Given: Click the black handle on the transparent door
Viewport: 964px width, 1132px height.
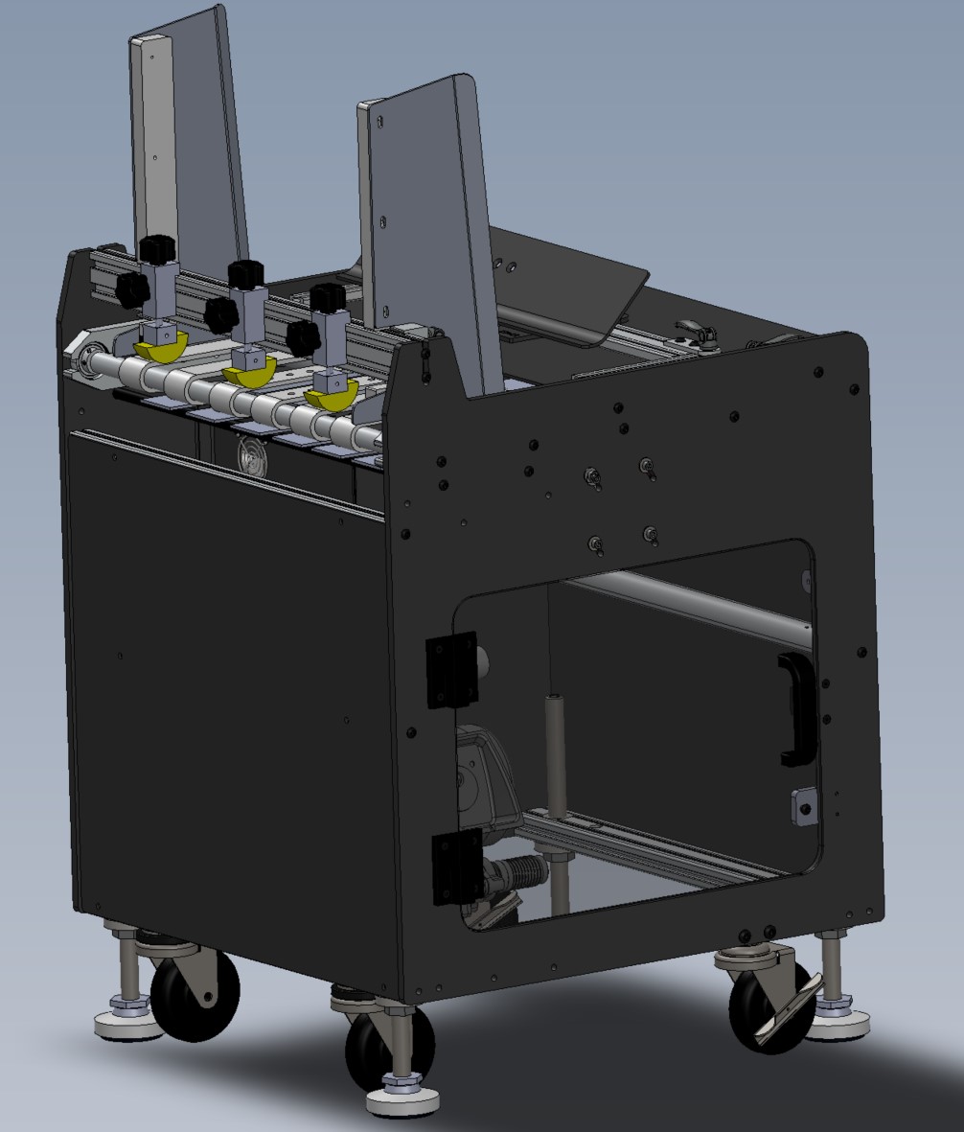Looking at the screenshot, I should pyautogui.click(x=796, y=709).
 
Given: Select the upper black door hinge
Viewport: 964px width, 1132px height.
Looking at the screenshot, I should pyautogui.click(x=450, y=669).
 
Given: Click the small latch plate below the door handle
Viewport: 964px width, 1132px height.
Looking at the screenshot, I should pyautogui.click(x=803, y=806).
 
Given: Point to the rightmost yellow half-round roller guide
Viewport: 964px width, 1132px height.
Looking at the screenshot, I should pyautogui.click(x=331, y=393).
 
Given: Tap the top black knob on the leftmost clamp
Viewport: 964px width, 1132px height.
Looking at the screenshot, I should pyautogui.click(x=154, y=249).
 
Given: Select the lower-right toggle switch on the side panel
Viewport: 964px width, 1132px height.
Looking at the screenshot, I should pyautogui.click(x=651, y=533).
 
